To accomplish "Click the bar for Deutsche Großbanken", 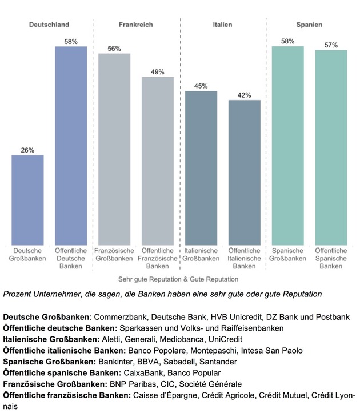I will point(27,200).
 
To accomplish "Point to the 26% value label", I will point(27,150).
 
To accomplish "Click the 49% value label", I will point(158,72).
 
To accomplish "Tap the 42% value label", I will point(245,95).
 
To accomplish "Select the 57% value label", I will point(331,45).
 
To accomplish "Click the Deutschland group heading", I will point(49,25).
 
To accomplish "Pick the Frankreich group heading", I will point(135,25).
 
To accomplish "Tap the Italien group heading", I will point(222,25).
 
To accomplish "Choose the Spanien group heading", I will point(309,25).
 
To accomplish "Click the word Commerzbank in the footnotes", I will point(120,316).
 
